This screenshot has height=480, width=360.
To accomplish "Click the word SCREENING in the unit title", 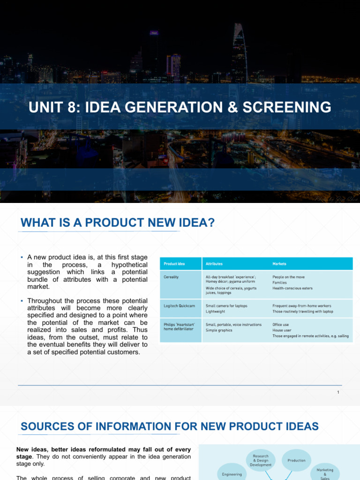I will point(287,107).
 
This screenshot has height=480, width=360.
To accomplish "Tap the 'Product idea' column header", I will point(174,264).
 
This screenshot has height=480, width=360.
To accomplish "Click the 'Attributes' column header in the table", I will point(214,264).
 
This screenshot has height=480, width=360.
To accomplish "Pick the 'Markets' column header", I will point(279,264).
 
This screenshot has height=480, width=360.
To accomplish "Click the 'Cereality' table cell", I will point(172,277).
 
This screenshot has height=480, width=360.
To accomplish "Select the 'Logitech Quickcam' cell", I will point(180,306).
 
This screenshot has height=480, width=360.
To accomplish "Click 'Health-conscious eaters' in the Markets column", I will point(292,288).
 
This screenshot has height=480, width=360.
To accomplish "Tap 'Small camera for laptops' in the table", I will point(226,306).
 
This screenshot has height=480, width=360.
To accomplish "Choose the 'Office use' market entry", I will point(281,324).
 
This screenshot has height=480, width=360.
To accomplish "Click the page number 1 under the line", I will point(338,392).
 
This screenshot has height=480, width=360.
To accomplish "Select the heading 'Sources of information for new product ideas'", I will point(170,427).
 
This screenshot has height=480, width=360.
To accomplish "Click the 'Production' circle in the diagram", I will point(296,460).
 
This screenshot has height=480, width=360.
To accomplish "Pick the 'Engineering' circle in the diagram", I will point(232,474).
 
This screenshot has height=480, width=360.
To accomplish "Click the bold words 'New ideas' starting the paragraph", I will point(31,449).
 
